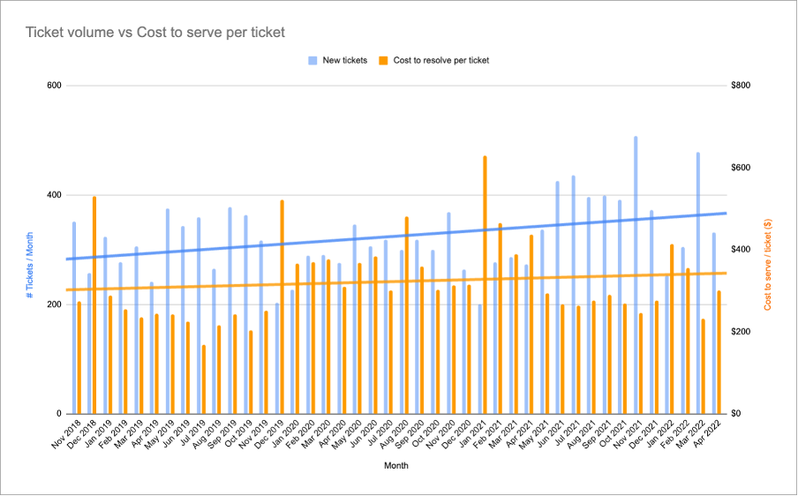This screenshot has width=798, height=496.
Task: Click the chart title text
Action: (x=155, y=33)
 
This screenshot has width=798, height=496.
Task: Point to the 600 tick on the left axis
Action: (x=54, y=86)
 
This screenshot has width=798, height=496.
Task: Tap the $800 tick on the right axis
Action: (x=742, y=86)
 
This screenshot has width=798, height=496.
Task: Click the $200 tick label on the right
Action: (x=742, y=332)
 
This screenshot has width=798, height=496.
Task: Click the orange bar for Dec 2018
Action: (x=94, y=304)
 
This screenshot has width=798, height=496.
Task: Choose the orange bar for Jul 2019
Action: (x=204, y=379)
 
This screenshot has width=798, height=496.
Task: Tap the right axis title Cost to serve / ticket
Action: (x=768, y=264)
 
